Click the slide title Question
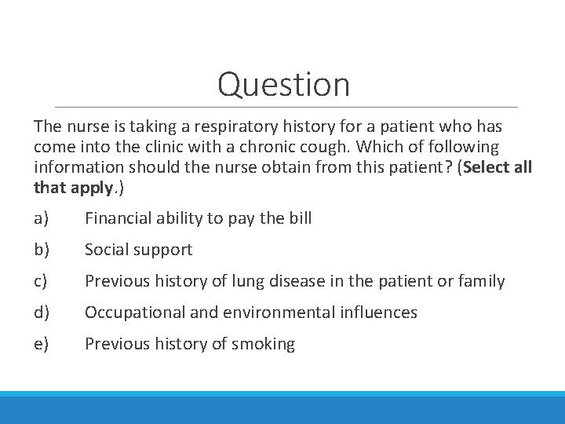coord(283,84)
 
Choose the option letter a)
coord(41,218)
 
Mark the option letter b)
coord(41,250)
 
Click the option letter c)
coord(41,281)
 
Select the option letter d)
coord(41,313)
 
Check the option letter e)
coord(41,344)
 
